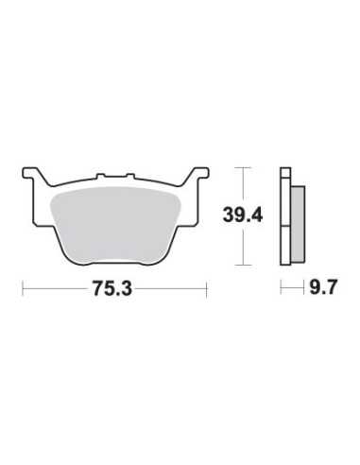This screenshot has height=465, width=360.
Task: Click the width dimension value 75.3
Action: pyautogui.click(x=112, y=288)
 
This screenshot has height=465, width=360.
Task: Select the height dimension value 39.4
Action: pyautogui.click(x=242, y=215)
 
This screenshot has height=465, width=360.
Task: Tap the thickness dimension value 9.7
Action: pyautogui.click(x=323, y=287)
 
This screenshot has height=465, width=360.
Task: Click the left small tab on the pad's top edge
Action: pyautogui.click(x=100, y=177)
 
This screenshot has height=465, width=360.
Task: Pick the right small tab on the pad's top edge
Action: pyautogui.click(x=130, y=177)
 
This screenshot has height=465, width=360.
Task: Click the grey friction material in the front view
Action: pyautogui.click(x=114, y=224)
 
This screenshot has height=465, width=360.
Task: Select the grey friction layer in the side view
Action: pyautogui.click(x=298, y=224)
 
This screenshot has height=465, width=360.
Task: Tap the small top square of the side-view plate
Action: pyautogui.click(x=285, y=173)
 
